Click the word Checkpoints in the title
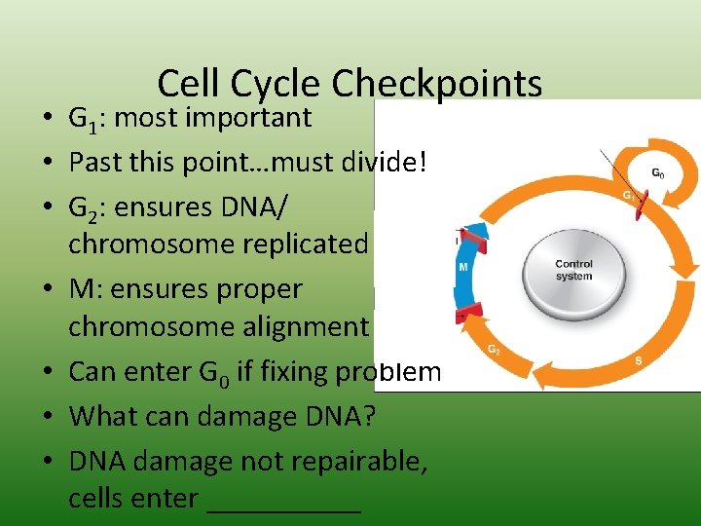[436, 85]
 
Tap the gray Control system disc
[573, 270]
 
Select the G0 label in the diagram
[658, 173]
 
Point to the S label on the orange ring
[638, 359]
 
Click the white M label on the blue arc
[463, 267]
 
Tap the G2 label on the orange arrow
[495, 349]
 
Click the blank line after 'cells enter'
[283, 500]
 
